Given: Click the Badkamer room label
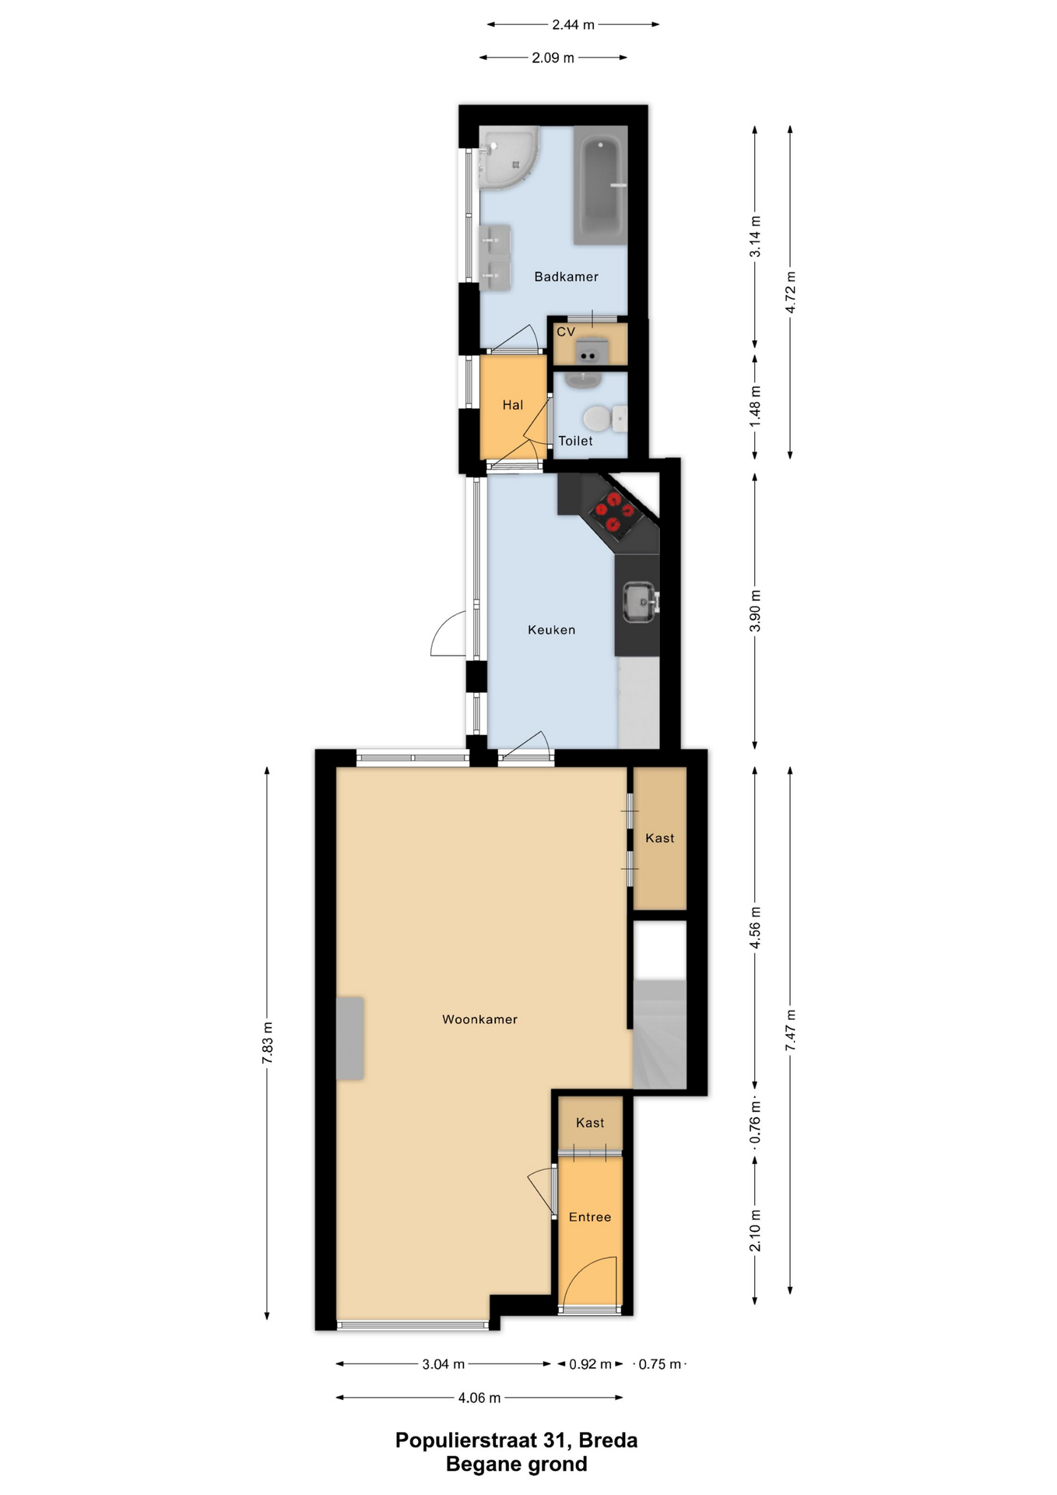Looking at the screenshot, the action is tap(566, 276).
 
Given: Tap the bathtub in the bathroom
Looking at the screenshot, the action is tap(600, 185).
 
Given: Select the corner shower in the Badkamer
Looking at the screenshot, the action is tap(507, 158).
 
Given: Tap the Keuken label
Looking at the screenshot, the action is tap(551, 630).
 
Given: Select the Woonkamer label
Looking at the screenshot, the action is tap(479, 1019).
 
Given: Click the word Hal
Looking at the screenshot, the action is tap(512, 405).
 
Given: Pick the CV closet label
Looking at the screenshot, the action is tap(566, 332).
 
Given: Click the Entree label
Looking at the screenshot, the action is tap(589, 1217).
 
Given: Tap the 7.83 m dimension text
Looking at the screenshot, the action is tap(267, 1043).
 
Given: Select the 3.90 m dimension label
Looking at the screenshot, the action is tap(754, 612).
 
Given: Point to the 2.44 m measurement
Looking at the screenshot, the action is tap(573, 25).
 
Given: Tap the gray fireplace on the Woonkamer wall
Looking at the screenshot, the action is tap(350, 1039).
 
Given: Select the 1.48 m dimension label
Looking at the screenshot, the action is tap(754, 406).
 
